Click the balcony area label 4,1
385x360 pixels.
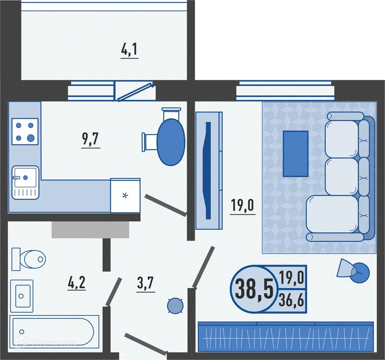pos(129,50)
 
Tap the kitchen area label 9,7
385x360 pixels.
pos(91,140)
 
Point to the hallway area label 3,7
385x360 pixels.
pos(145,285)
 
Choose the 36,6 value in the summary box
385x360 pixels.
pos(292,299)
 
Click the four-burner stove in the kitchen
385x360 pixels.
pos(25,131)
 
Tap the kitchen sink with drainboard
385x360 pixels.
pos(25,182)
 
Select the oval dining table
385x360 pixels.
pos(171,142)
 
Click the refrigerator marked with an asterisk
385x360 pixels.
pos(125,196)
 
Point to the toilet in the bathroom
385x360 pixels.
pos(30,259)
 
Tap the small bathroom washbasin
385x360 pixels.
pos(21,295)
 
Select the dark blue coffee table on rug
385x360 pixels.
pos(295,154)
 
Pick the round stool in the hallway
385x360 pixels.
pos(175,305)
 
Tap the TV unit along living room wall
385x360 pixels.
pos(209,171)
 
